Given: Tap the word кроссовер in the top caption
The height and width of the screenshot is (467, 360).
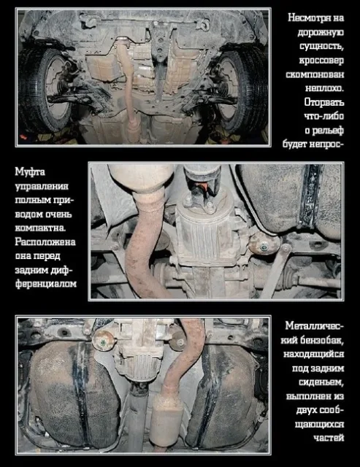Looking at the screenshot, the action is [x=321, y=60].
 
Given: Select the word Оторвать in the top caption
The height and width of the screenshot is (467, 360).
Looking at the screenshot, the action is [x=324, y=102].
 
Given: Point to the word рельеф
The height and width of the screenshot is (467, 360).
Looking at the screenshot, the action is [x=329, y=131].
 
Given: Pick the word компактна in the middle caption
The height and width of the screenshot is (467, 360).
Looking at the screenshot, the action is [x=40, y=228].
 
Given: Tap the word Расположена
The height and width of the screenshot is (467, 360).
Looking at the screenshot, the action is [x=45, y=242].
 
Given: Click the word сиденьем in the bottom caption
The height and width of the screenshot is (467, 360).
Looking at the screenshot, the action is [x=321, y=382].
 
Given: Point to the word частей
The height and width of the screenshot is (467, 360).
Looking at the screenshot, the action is [x=329, y=438].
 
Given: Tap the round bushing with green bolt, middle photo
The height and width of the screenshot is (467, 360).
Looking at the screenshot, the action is [x=264, y=247].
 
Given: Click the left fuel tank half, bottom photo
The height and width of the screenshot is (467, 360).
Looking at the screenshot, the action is [x=74, y=393].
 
